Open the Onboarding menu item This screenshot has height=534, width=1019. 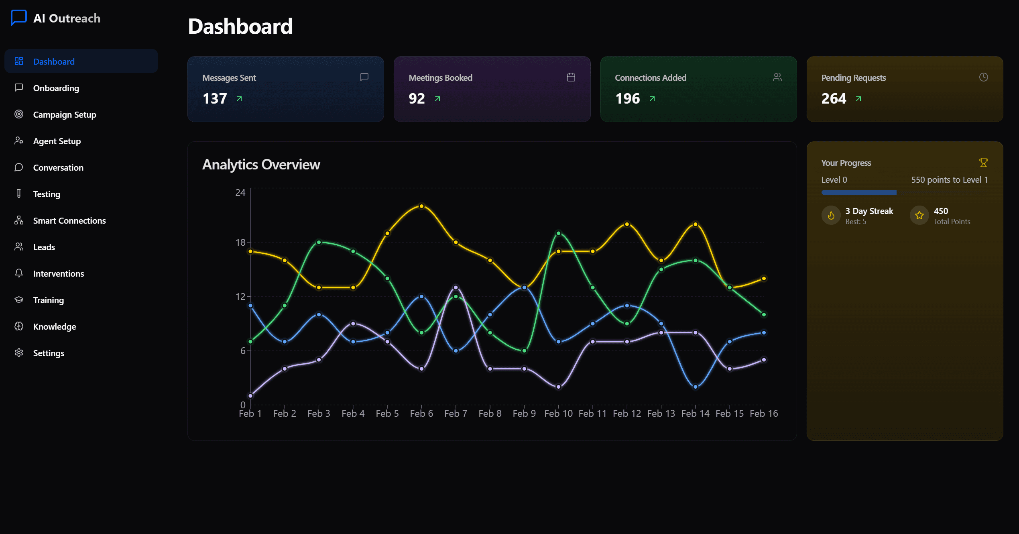click(56, 88)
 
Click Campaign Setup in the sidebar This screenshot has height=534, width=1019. click(65, 114)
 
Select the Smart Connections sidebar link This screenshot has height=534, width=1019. click(69, 220)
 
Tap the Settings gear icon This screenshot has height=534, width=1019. click(19, 353)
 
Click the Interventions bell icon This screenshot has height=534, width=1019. click(19, 273)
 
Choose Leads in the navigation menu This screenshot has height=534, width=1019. click(44, 247)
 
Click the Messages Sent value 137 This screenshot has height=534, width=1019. click(215, 98)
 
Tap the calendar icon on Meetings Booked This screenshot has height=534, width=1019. click(571, 77)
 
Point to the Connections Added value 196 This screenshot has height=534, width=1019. click(628, 98)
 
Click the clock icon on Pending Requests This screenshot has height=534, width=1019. click(984, 77)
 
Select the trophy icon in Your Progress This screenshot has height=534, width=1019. click(984, 162)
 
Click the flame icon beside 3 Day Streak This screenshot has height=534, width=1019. click(831, 216)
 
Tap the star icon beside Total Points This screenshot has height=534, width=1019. click(919, 216)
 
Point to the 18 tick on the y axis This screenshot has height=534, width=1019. click(240, 242)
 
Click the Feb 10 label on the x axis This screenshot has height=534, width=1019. click(558, 413)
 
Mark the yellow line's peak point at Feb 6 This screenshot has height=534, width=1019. click(421, 206)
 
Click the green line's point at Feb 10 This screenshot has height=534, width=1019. click(558, 233)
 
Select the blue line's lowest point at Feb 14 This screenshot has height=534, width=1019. click(696, 387)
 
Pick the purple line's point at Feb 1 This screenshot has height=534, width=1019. click(250, 396)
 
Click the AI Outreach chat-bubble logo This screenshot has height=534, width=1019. click(19, 18)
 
